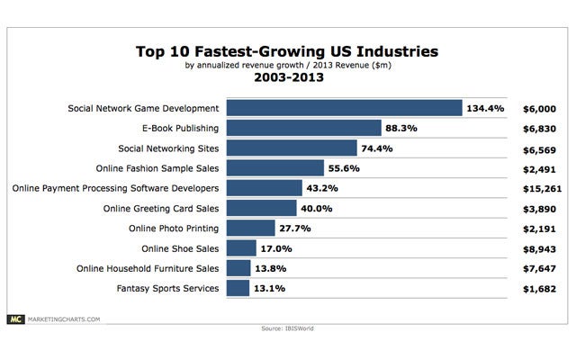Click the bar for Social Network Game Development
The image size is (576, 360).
click(344, 108)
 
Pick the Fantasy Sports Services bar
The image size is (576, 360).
click(238, 287)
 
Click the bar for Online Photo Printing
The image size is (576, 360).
click(250, 228)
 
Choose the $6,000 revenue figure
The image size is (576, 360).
click(541, 108)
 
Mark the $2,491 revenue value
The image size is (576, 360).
click(541, 168)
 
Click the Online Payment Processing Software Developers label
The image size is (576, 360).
click(116, 188)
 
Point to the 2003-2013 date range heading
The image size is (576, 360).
click(287, 78)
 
